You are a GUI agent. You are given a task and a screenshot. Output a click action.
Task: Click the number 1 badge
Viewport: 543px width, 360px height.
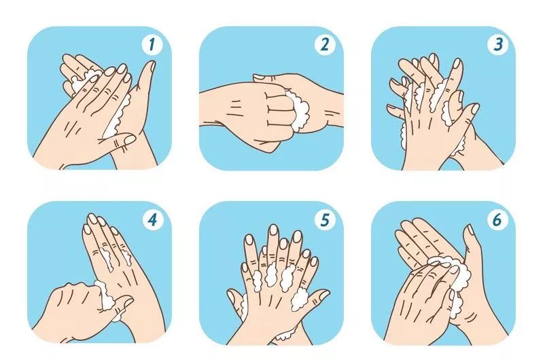point(152,44)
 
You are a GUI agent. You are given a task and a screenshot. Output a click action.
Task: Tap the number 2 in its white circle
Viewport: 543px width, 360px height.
point(324,44)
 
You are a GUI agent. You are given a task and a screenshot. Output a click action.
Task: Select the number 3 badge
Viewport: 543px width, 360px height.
point(497,44)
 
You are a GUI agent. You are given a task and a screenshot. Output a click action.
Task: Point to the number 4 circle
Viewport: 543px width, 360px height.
point(152,219)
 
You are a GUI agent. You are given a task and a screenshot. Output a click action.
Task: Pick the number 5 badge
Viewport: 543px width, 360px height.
point(324,219)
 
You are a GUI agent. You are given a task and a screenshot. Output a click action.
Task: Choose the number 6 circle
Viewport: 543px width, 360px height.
point(497,219)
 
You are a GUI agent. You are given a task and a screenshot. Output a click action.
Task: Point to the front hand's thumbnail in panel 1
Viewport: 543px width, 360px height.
point(130,140)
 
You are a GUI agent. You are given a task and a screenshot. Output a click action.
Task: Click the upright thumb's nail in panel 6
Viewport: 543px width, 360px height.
point(470,230)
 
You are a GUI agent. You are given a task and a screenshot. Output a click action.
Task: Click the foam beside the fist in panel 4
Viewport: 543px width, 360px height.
point(108,298)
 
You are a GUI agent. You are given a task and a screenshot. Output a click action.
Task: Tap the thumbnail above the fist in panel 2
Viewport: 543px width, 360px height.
point(258,78)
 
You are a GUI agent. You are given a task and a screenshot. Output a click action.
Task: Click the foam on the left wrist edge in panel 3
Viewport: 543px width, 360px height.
point(403,135)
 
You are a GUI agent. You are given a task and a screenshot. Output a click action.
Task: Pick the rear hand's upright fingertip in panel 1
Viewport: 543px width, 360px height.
point(151,66)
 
